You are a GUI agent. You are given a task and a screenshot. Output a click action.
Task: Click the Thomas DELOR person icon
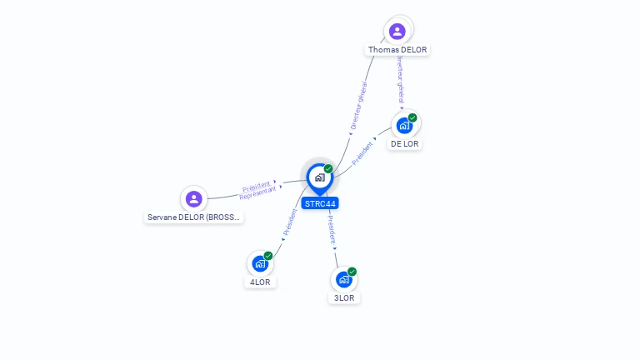click(x=397, y=31)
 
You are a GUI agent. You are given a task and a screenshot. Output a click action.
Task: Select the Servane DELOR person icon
click(x=194, y=198)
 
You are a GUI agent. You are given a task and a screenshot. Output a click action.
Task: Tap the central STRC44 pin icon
click(x=319, y=177)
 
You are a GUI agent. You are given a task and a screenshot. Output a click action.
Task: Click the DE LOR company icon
click(x=404, y=126)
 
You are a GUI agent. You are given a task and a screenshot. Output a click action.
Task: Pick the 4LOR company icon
click(x=260, y=264)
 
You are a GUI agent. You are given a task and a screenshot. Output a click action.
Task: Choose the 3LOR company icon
click(x=343, y=280)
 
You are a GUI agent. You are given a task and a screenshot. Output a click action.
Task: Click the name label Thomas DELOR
click(x=397, y=50)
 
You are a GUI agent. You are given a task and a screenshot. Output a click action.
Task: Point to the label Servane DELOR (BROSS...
click(x=194, y=217)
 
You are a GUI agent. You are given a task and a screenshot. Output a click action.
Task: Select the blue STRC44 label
click(x=320, y=203)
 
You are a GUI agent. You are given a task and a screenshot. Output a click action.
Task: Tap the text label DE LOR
click(x=405, y=144)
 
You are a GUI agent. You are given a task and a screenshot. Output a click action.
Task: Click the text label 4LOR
click(x=260, y=282)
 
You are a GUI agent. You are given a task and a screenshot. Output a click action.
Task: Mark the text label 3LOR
click(x=344, y=298)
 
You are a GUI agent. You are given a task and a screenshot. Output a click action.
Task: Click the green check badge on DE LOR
click(x=412, y=117)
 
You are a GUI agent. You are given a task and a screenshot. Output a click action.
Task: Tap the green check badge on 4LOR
click(x=268, y=256)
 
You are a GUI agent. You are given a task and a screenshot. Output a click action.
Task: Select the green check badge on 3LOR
click(x=352, y=272)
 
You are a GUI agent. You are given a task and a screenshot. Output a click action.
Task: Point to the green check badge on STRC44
click(x=328, y=168)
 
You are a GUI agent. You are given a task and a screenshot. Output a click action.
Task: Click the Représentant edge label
click(x=257, y=193)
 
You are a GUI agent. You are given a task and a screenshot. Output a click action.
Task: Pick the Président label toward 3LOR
click(x=331, y=231)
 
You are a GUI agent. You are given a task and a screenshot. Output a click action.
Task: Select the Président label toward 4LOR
click(x=288, y=222)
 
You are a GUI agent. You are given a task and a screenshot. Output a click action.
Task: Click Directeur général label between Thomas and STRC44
click(x=358, y=105)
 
